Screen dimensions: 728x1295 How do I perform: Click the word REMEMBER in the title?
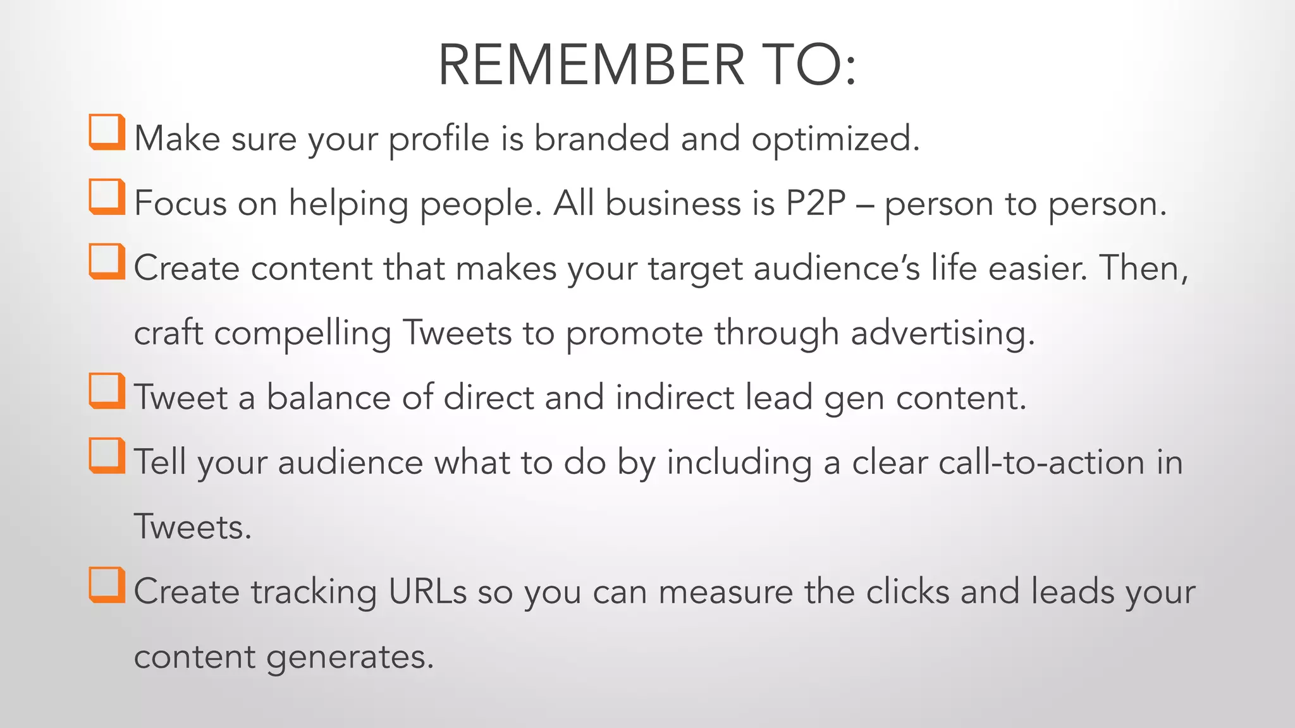(591, 65)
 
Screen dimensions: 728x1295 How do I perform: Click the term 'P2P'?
(815, 203)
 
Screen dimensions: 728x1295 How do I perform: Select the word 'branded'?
(601, 138)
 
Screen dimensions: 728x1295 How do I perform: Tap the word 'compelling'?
(302, 333)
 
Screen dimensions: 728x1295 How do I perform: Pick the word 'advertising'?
(942, 333)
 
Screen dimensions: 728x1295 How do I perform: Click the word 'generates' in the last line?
(349, 657)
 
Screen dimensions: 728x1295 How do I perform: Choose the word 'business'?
(673, 203)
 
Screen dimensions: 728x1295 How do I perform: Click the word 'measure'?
(725, 592)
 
